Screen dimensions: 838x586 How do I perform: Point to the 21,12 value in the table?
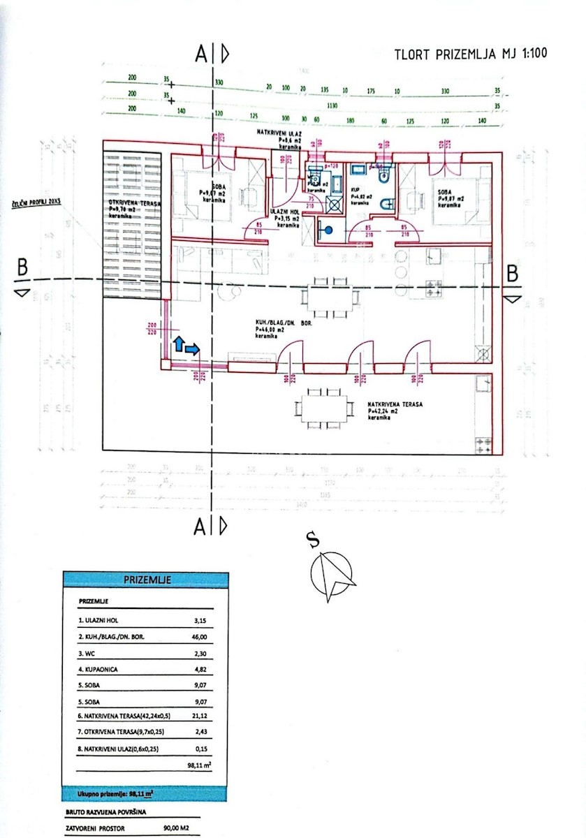[199, 716]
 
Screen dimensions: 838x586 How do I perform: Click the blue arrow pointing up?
[178, 342]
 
